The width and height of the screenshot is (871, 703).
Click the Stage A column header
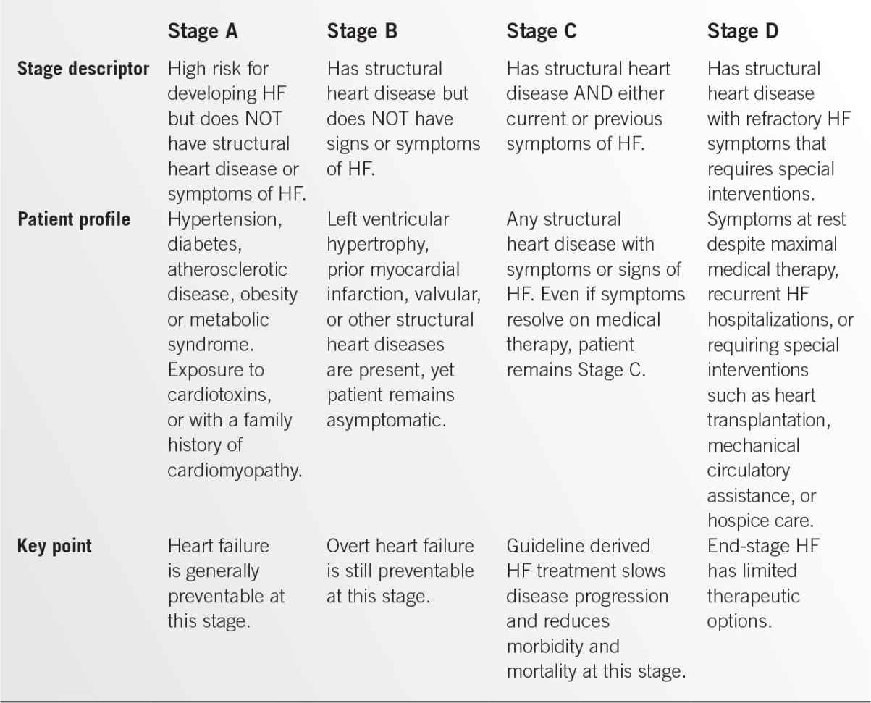tap(203, 32)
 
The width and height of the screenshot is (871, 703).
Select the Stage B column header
tap(362, 32)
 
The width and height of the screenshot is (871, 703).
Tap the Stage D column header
tap(743, 32)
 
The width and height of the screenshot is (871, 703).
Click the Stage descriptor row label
tap(83, 70)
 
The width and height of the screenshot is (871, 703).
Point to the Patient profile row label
tap(74, 219)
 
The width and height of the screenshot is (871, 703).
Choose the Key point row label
tap(54, 546)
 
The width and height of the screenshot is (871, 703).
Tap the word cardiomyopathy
tap(235, 470)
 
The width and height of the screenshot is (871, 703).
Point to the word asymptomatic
tap(384, 420)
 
